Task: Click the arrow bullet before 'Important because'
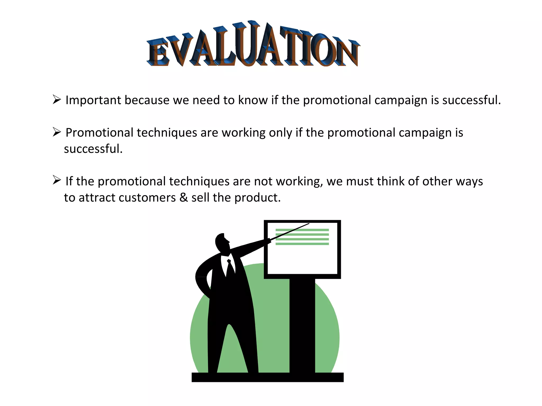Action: [x=57, y=100]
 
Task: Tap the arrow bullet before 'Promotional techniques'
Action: [x=57, y=132]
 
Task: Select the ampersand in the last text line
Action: [x=183, y=198]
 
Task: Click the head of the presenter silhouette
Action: [x=221, y=242]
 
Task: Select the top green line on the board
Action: [x=302, y=230]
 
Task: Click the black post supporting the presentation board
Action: [x=302, y=325]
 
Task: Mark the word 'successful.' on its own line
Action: [x=93, y=149]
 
